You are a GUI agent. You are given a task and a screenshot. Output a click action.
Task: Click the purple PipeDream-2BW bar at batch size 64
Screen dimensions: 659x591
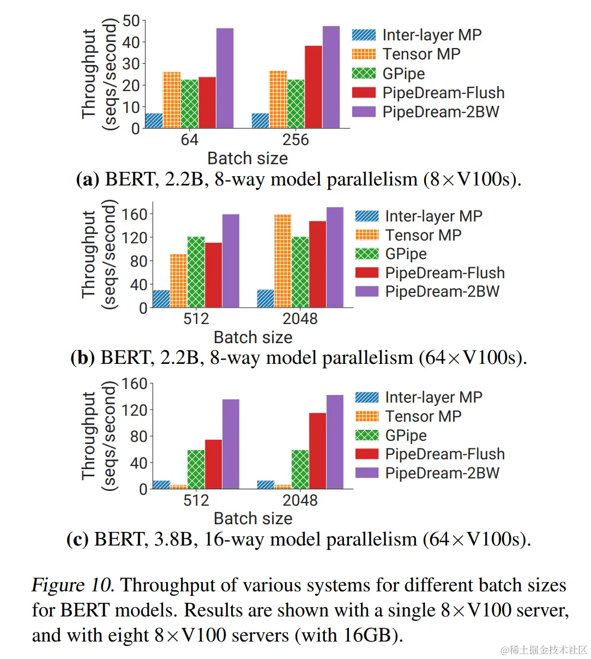coord(225,78)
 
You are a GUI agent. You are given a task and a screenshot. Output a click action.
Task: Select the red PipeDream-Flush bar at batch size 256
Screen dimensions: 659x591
coord(313,87)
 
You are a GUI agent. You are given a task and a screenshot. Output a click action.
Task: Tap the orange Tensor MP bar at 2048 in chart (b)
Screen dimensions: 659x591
coord(282,261)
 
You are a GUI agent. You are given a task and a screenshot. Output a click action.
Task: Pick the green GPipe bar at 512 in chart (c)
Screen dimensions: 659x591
coord(196,469)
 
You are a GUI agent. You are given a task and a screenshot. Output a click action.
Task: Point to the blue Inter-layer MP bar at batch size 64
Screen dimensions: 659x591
coord(154,121)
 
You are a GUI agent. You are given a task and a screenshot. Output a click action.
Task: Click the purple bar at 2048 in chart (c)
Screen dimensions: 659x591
coord(335,441)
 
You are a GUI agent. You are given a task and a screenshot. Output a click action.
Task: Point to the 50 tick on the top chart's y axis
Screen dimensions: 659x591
coord(131,21)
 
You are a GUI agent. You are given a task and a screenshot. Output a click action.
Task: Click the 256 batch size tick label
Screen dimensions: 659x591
coord(295,140)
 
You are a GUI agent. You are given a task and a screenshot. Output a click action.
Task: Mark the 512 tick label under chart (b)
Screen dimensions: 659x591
coord(196,319)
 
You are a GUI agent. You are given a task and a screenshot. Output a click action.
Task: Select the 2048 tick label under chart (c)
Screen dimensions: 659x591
coord(300,500)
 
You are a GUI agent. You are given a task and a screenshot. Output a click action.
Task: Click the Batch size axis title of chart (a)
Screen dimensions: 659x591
coord(248,159)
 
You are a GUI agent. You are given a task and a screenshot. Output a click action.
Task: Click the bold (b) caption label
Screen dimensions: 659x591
coord(83,358)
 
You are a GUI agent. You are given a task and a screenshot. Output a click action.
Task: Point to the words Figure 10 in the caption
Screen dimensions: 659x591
coord(72,585)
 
